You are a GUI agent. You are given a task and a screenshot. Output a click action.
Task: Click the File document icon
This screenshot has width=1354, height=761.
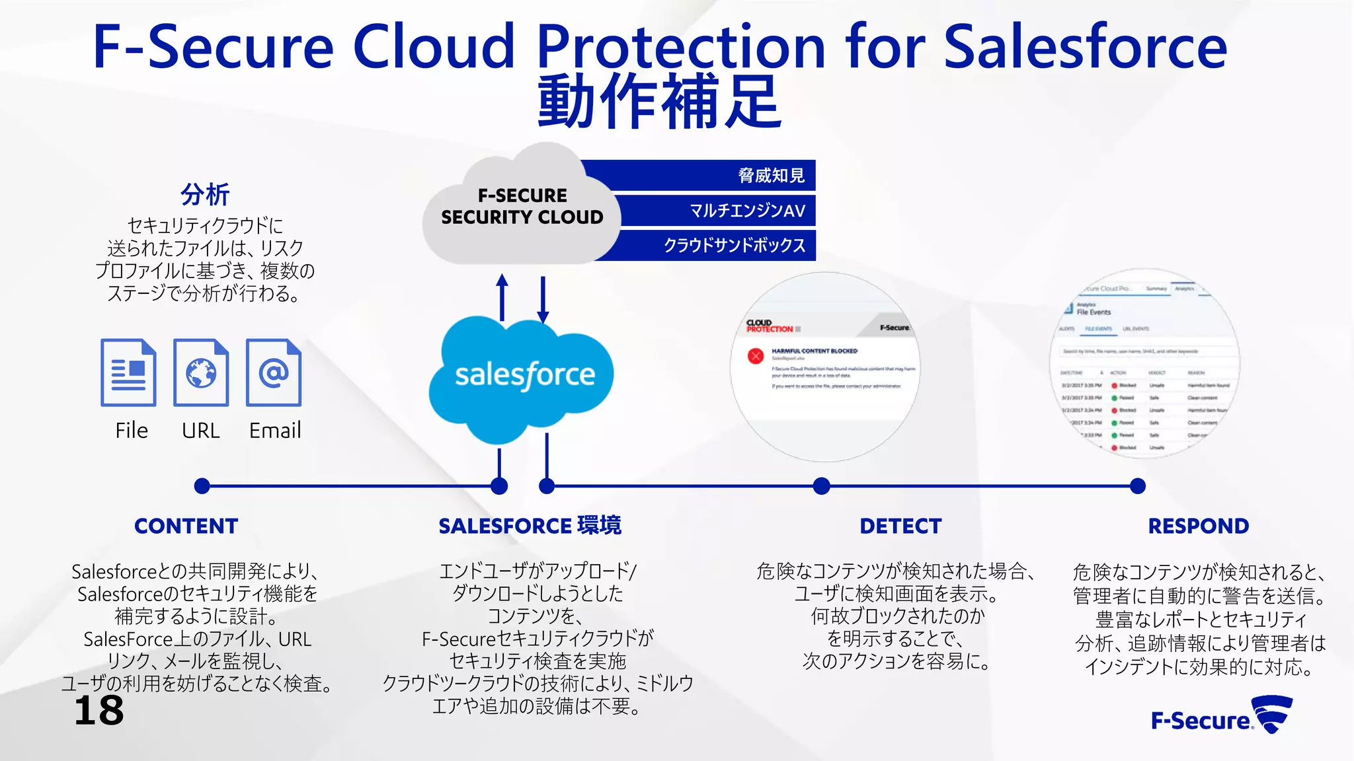coord(128,373)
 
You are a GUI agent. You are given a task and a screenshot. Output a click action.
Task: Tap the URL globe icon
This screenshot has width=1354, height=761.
coord(201,373)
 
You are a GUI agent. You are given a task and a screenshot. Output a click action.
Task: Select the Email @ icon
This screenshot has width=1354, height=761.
coord(274,373)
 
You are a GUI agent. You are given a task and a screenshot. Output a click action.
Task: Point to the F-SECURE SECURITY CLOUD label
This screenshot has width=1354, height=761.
coord(522,206)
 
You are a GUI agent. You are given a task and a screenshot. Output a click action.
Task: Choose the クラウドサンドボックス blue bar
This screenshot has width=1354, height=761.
coord(714,245)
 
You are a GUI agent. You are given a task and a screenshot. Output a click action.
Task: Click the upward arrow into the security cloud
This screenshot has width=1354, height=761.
coord(502,297)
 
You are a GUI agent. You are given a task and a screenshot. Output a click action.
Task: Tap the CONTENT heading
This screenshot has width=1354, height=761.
coord(186,526)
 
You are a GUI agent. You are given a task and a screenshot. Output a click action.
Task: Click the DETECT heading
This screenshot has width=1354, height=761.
coord(900,526)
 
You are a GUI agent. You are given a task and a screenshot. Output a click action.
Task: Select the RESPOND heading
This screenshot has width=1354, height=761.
coord(1198,526)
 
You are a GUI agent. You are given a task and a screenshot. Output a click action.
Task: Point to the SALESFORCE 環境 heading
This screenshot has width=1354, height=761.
coord(530,526)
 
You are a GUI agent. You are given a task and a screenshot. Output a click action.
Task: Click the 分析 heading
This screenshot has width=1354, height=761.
coord(205,195)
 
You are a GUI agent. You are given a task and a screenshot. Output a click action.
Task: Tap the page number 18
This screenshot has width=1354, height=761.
coord(99,711)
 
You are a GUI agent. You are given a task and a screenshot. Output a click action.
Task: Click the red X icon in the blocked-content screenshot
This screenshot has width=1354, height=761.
coord(756,356)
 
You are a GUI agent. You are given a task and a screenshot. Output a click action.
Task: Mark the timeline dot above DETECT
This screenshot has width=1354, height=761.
coord(821,486)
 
